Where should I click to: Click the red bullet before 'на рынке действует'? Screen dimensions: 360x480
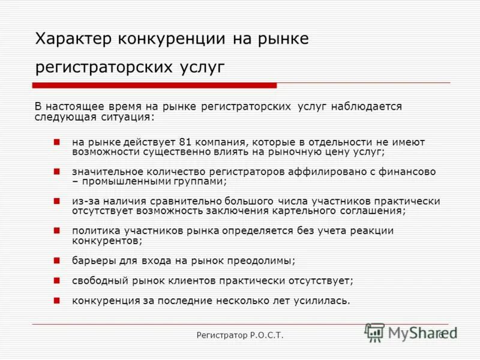[x=56, y=142]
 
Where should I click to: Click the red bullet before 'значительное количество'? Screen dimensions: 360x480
[x=56, y=172]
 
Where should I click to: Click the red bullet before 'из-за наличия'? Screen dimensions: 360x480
[x=56, y=201]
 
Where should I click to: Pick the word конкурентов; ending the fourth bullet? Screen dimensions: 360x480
[x=107, y=240]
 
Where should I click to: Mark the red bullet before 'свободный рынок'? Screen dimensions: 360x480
[x=56, y=280]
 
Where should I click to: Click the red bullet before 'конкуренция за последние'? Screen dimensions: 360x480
[x=56, y=299]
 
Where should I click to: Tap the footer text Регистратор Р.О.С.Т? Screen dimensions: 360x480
[x=240, y=335]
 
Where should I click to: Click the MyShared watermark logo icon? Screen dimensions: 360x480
[x=375, y=332]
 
